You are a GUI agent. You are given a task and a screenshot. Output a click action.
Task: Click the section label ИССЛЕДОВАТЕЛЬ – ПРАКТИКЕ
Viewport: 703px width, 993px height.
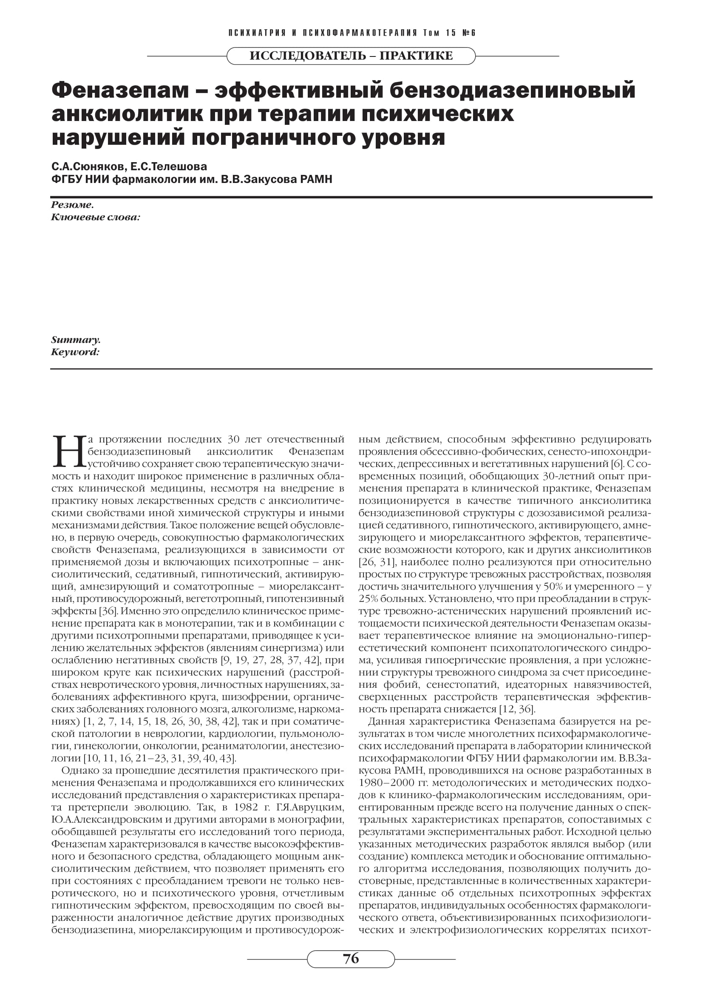[x=351, y=56]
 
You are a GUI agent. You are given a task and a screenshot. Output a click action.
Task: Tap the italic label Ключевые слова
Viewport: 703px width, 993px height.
[x=95, y=217]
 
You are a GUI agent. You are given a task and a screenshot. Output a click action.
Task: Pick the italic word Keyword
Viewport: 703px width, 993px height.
[x=75, y=352]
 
